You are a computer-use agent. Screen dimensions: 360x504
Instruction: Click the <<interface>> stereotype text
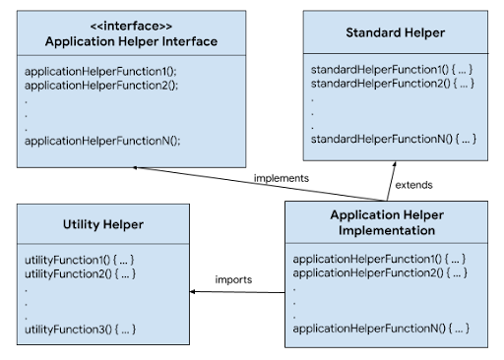131,26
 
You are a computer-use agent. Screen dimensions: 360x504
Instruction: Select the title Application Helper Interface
131,41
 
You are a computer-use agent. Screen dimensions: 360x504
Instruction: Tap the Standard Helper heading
395,33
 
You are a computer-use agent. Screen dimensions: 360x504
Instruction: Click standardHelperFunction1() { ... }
394,71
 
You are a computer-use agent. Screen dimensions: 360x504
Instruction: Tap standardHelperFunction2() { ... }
394,84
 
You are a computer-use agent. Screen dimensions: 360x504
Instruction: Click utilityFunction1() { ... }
79,259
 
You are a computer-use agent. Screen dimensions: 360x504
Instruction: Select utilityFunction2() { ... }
79,272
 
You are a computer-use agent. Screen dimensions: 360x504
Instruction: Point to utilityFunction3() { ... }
79,328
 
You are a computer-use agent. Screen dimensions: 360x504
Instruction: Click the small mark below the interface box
134,168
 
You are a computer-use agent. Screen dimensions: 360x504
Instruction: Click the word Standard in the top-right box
373,33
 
